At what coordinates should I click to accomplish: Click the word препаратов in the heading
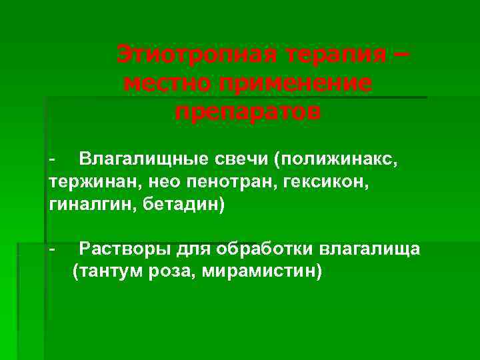coord(248,111)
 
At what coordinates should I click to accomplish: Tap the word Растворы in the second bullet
coord(125,250)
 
